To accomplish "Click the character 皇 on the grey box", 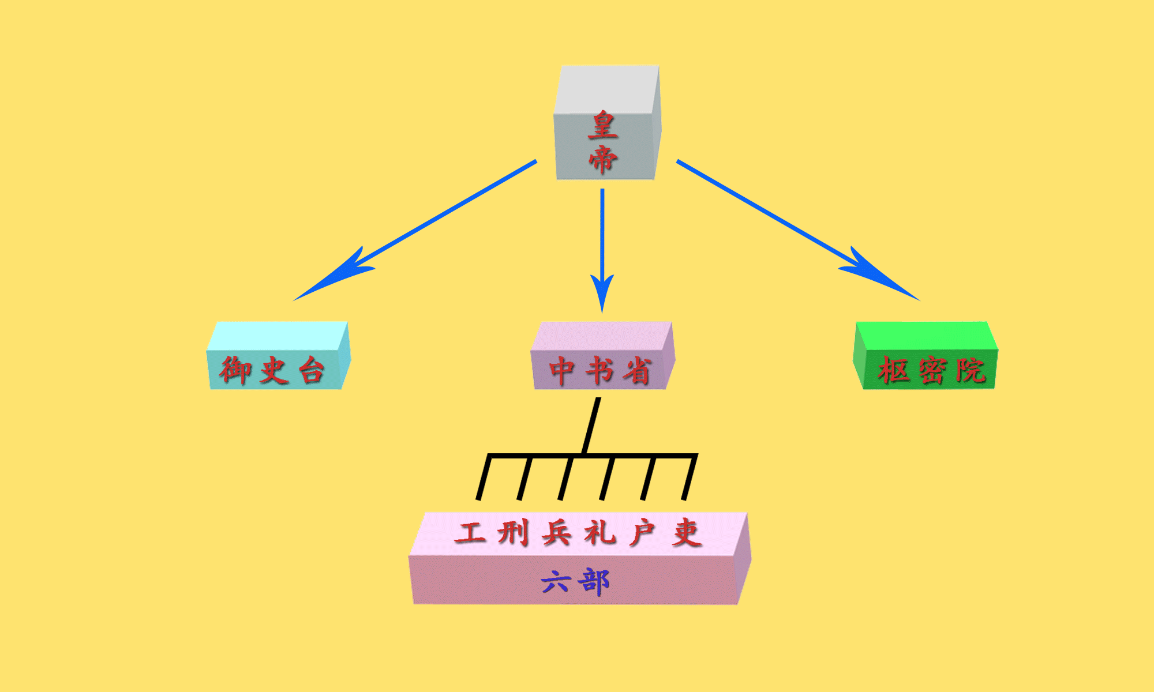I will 603,125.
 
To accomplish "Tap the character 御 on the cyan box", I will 235,370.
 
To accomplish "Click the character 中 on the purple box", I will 561,370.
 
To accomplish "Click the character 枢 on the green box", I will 894,370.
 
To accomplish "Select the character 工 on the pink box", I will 470,532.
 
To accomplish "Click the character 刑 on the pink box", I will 513,532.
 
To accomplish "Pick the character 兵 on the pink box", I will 556,532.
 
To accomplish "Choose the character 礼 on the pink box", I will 600,532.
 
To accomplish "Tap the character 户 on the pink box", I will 642,532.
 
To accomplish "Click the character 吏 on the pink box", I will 687,532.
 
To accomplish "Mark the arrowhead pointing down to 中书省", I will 602,291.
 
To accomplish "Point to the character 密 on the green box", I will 932,370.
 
